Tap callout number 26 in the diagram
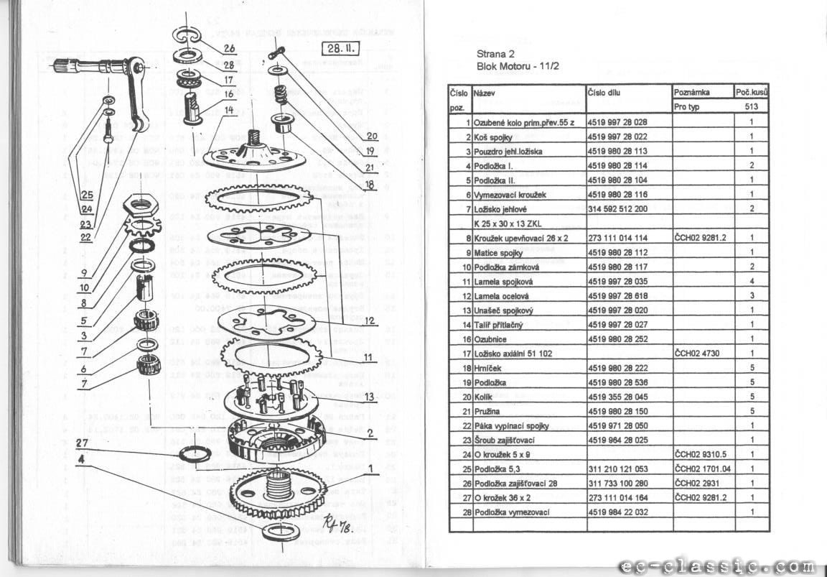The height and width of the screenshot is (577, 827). (x=229, y=49)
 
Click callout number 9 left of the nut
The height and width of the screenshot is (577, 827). (x=85, y=273)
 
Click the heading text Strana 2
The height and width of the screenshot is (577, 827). (x=495, y=53)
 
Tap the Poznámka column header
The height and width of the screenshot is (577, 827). (x=692, y=93)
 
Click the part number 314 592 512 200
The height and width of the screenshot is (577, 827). (x=617, y=208)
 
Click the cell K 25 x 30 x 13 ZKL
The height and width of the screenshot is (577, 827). (x=507, y=223)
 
